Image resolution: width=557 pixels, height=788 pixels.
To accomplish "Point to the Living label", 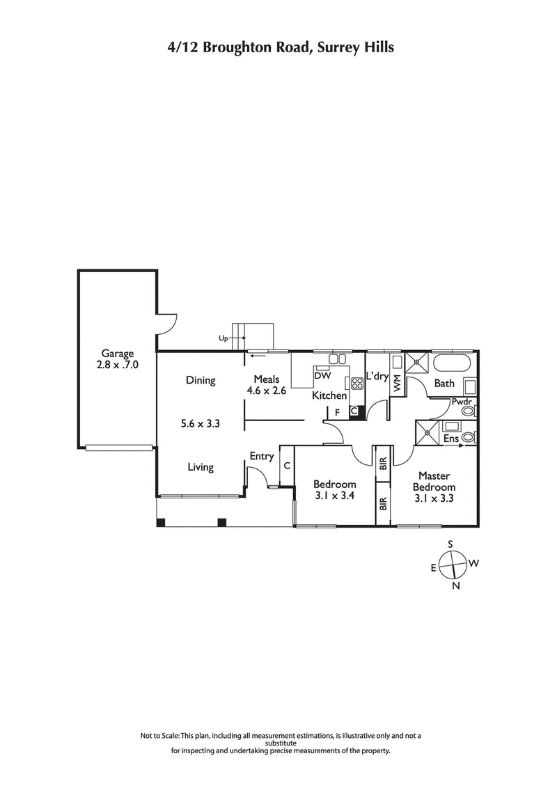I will click(x=200, y=467).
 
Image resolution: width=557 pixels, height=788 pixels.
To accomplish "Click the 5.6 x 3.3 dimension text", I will click(x=200, y=423).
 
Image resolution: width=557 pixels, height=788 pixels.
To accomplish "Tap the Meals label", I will click(x=266, y=379).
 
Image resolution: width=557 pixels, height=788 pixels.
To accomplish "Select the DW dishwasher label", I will click(x=322, y=376).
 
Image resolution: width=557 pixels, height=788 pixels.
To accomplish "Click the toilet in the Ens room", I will click(x=469, y=437).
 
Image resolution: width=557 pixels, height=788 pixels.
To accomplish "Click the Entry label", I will click(x=261, y=457).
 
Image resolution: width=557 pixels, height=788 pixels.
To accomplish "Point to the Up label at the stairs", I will click(x=223, y=338).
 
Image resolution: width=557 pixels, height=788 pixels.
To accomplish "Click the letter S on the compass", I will click(x=450, y=544).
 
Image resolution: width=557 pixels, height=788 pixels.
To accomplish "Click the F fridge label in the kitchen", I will click(x=337, y=412).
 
